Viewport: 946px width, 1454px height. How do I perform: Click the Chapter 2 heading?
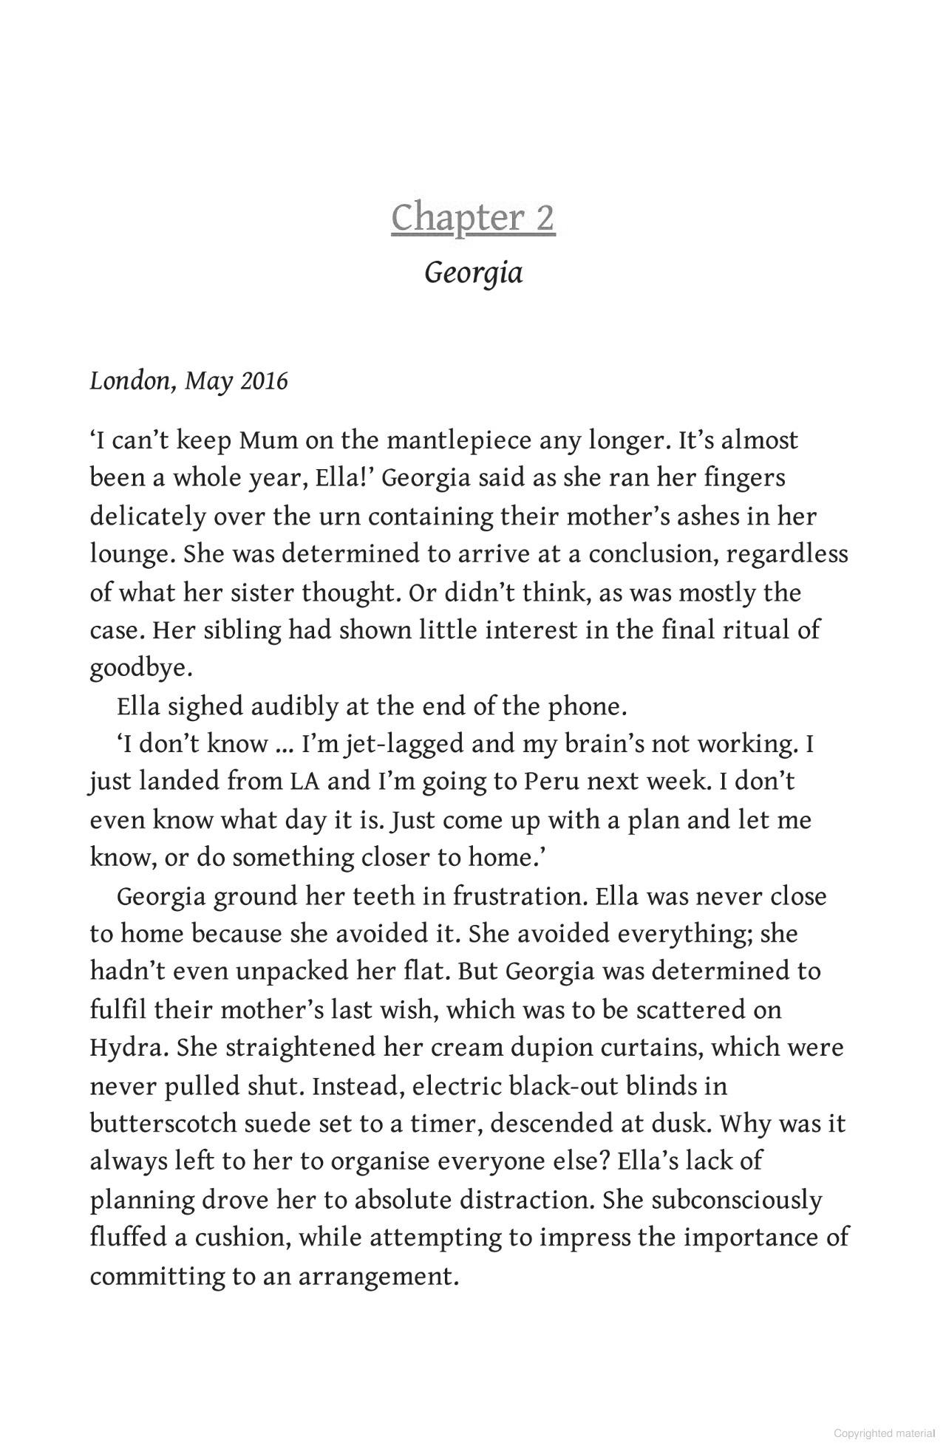(x=473, y=218)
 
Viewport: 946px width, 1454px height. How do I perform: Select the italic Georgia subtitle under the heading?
(x=474, y=273)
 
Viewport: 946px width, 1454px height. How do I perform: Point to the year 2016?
(x=264, y=381)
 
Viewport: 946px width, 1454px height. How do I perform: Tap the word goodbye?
(x=140, y=668)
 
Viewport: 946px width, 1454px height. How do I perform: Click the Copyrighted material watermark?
(x=884, y=1434)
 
